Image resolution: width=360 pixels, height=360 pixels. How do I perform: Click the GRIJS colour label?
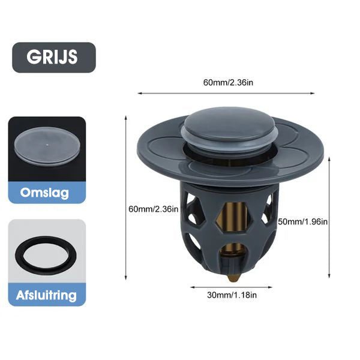(x=52, y=57)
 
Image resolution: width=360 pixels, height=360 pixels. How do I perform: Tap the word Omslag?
(x=44, y=193)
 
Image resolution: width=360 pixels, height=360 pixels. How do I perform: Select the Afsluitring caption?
(x=46, y=295)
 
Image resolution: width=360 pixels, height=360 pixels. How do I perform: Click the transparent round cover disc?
(x=47, y=146)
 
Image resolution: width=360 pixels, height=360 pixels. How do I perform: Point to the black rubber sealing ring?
(x=46, y=256)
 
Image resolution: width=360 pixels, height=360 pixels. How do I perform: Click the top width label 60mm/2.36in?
(x=228, y=83)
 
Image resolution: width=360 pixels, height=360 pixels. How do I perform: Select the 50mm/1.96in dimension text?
(x=303, y=222)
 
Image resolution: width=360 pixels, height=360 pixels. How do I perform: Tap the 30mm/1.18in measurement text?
(x=232, y=295)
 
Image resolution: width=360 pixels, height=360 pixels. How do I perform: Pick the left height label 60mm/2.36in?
(x=154, y=209)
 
